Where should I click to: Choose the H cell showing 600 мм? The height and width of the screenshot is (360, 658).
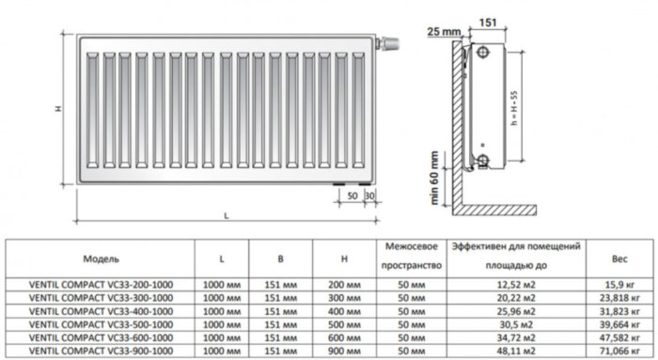[346, 335]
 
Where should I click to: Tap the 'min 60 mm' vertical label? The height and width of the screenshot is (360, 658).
[433, 179]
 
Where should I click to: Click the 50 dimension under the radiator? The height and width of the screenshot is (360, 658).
[350, 196]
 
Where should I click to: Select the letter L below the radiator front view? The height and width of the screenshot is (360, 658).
[227, 216]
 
